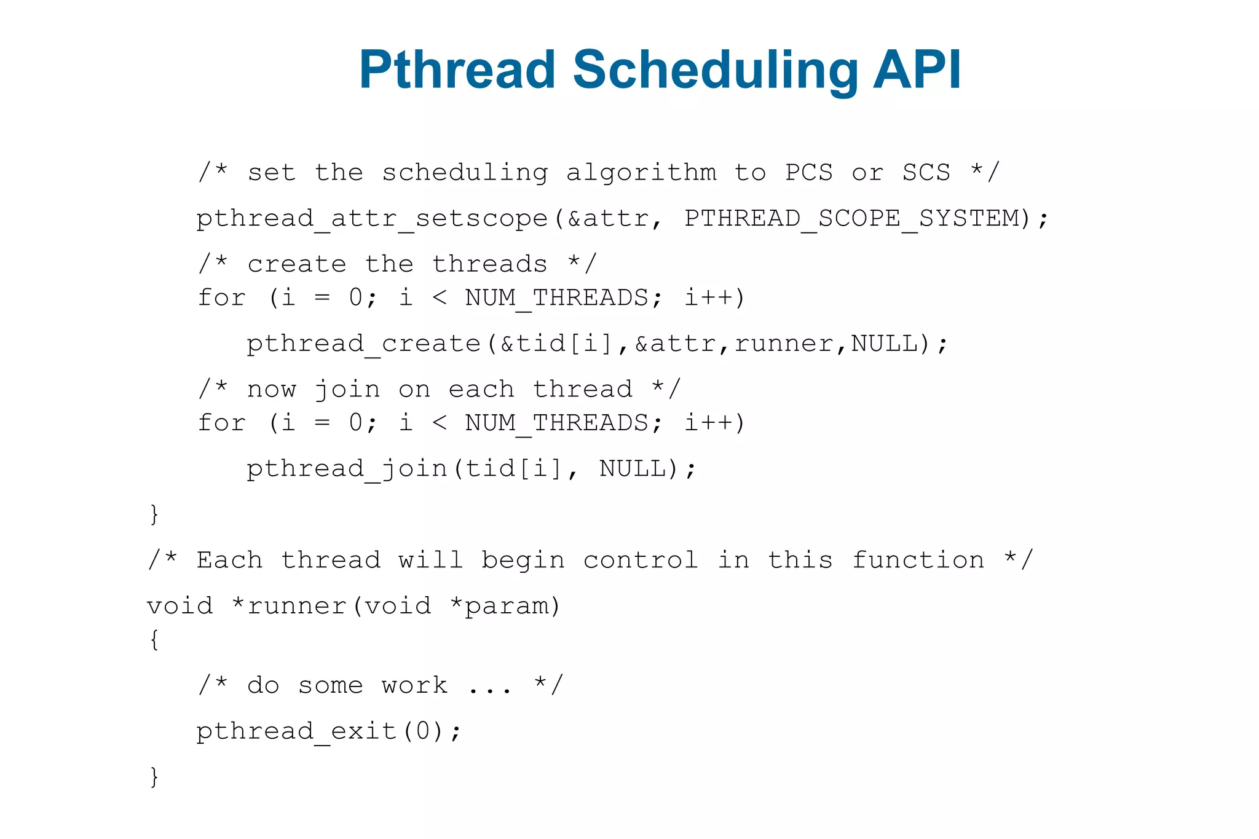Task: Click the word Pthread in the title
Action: tap(457, 70)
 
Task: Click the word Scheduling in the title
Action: tap(715, 70)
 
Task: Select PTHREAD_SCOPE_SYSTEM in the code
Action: tap(851, 219)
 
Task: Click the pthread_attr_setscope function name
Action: tap(371, 219)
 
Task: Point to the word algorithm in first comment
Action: tap(641, 173)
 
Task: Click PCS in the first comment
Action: tap(809, 173)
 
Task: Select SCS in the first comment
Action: tap(926, 173)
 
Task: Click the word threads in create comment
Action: tap(489, 265)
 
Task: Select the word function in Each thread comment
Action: tap(918, 561)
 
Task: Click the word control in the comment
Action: tap(641, 561)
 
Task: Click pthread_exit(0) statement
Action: tap(328, 732)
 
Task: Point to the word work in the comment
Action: tap(414, 686)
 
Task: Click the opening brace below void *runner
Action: tap(154, 640)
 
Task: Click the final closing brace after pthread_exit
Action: tap(154, 777)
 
